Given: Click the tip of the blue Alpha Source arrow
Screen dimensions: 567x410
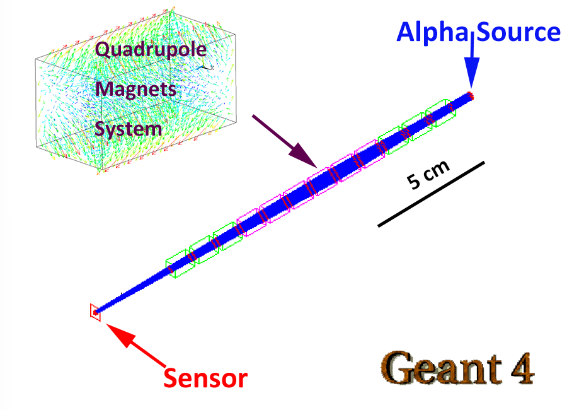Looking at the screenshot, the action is (471, 89).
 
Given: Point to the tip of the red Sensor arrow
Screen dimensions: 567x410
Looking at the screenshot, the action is (106, 324).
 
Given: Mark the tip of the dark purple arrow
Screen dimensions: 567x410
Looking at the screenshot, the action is (317, 168).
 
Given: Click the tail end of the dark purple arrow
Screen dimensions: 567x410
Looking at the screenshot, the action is (253, 115).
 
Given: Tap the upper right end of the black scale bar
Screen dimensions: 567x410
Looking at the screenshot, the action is (484, 162).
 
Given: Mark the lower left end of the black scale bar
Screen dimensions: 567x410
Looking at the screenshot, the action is (378, 226).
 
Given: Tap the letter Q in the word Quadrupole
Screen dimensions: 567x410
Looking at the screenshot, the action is (103, 49).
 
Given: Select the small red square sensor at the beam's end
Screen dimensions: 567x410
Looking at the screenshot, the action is (95, 312).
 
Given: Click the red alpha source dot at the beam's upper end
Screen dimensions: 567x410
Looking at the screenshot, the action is (470, 96).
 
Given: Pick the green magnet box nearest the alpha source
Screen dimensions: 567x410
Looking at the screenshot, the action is (440, 113).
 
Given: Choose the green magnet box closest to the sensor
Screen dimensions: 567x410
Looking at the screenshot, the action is (180, 263).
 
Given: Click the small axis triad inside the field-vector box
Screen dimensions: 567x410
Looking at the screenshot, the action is (205, 67).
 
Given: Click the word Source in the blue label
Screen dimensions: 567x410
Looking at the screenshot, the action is (518, 32).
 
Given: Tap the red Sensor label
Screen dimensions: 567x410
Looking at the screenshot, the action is (205, 378).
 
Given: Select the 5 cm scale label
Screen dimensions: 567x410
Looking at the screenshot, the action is (428, 175).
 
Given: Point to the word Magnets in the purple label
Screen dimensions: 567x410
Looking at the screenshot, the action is (135, 89).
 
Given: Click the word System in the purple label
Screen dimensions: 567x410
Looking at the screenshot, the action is (128, 129).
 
